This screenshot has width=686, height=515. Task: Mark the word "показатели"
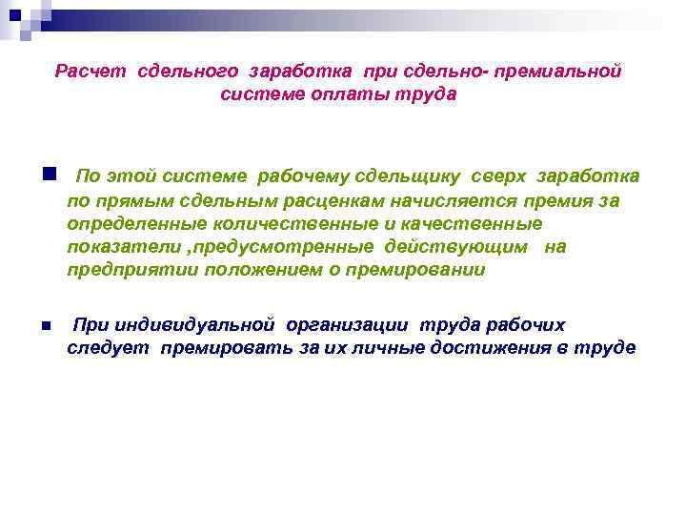tap(110, 247)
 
